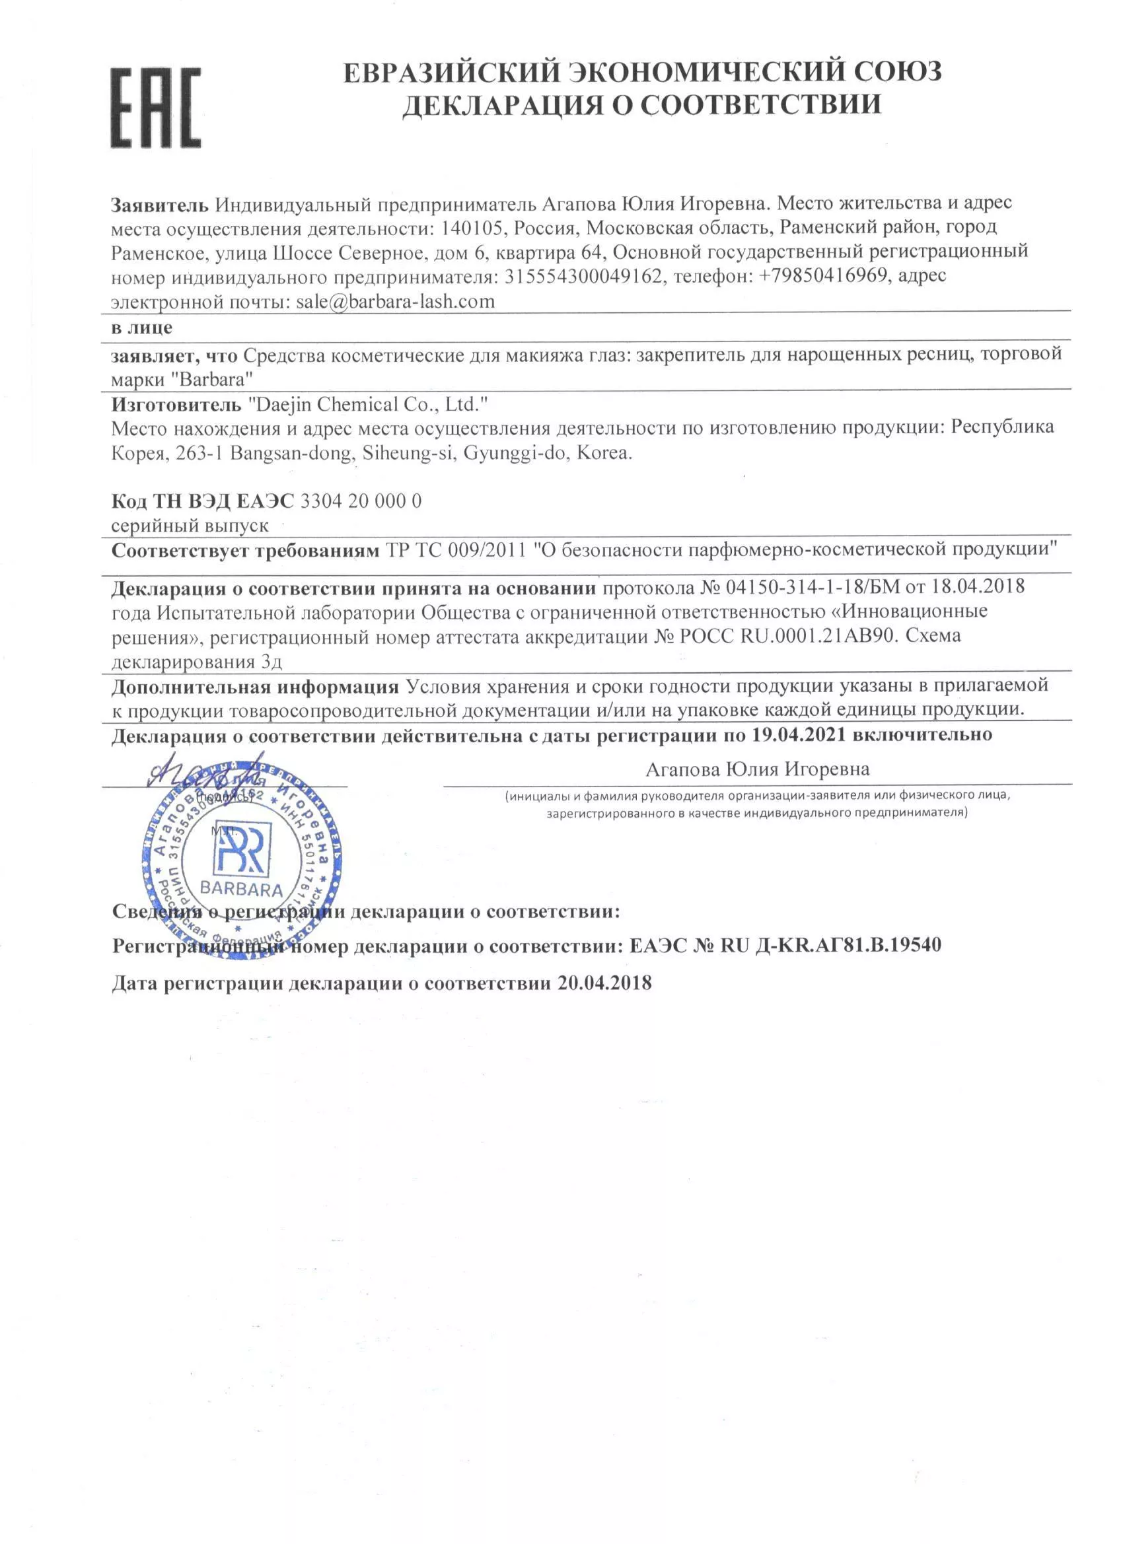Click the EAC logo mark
point(156,108)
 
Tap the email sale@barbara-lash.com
point(395,301)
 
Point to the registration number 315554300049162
point(583,276)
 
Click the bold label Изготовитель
point(176,405)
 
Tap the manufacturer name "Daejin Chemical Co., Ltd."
point(369,405)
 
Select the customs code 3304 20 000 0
point(361,501)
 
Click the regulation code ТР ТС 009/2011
point(456,549)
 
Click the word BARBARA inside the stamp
point(241,888)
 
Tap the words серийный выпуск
point(190,526)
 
